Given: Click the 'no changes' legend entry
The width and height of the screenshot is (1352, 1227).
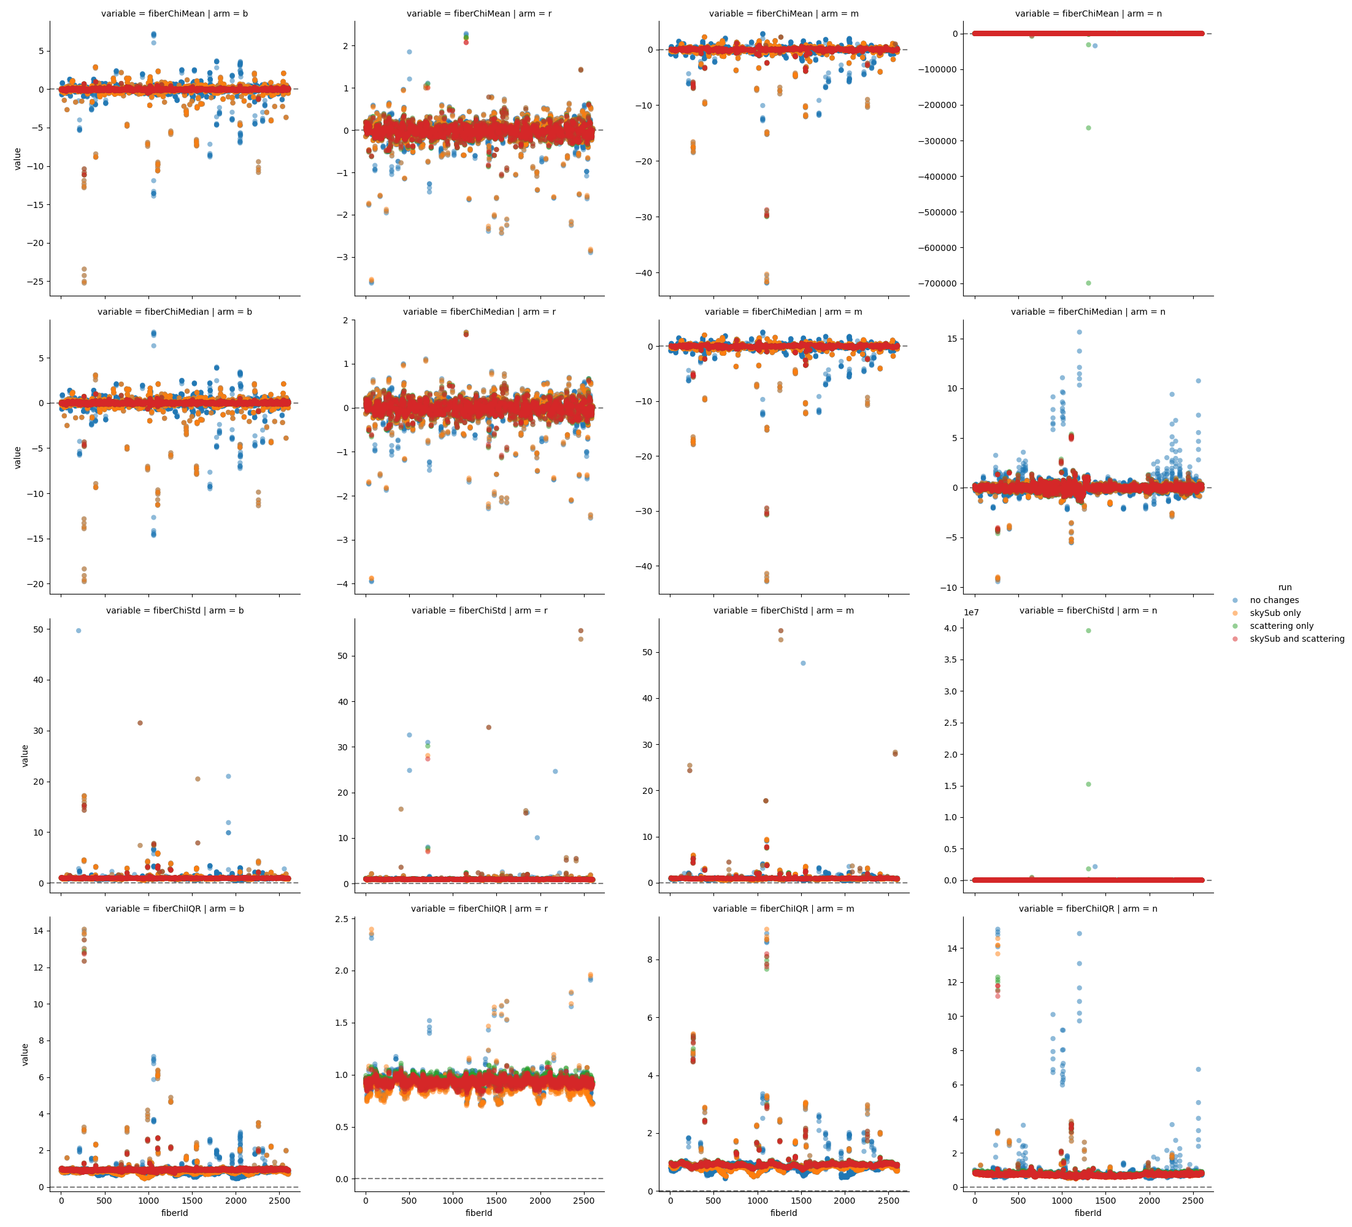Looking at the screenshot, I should (1273, 601).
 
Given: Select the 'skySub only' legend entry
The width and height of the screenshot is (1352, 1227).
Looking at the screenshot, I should (1274, 613).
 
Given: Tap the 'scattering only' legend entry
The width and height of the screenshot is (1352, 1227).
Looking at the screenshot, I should (1281, 626).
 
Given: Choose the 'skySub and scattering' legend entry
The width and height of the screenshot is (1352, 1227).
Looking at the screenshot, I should (1296, 639).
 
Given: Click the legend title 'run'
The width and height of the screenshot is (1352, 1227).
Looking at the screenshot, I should (1285, 587).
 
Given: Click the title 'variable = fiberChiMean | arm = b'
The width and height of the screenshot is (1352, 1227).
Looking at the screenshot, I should (174, 13).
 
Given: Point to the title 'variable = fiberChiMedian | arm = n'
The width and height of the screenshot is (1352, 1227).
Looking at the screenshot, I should (1088, 312).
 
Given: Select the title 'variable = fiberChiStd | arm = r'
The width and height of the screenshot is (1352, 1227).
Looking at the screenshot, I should (480, 610).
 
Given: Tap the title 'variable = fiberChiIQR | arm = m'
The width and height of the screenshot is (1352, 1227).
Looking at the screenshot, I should (783, 909).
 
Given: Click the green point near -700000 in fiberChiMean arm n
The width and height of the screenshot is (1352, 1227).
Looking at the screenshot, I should (1088, 283).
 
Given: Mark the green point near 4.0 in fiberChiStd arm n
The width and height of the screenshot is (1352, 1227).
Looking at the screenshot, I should (1088, 631).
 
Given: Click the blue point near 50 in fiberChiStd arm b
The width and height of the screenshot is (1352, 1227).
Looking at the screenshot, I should (79, 631).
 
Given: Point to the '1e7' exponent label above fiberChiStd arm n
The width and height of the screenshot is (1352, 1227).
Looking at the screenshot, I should (972, 612).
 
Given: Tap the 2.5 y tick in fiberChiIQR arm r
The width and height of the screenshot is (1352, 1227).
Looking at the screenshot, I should (340, 919).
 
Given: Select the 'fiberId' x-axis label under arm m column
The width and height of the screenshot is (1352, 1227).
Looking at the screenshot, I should (783, 1213).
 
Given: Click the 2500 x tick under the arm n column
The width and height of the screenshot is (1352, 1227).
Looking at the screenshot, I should (1193, 1201).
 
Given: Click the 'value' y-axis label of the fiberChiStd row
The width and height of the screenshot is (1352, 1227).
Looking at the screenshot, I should (25, 755).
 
